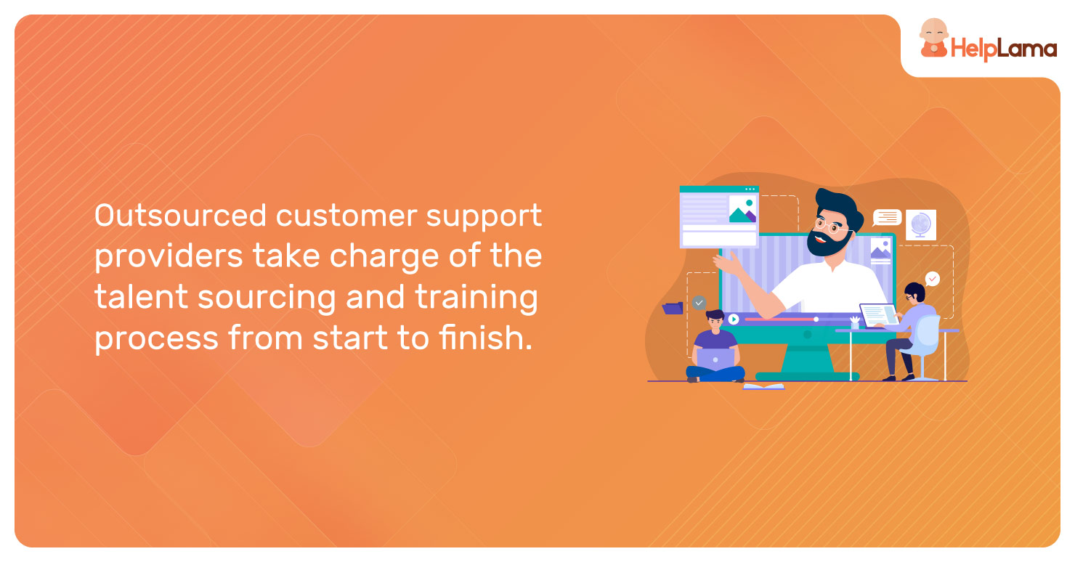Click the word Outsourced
click(x=180, y=215)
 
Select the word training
click(x=476, y=298)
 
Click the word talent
click(x=141, y=296)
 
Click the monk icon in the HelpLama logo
click(x=933, y=38)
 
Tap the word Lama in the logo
click(x=1028, y=48)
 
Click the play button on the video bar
click(x=734, y=319)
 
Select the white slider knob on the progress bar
click(x=816, y=319)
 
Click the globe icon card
click(x=920, y=224)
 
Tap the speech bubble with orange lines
click(x=887, y=218)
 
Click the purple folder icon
click(x=673, y=308)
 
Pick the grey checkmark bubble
click(x=699, y=303)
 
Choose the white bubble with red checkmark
click(x=932, y=279)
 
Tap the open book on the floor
click(x=763, y=386)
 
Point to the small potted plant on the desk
click(x=855, y=322)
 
